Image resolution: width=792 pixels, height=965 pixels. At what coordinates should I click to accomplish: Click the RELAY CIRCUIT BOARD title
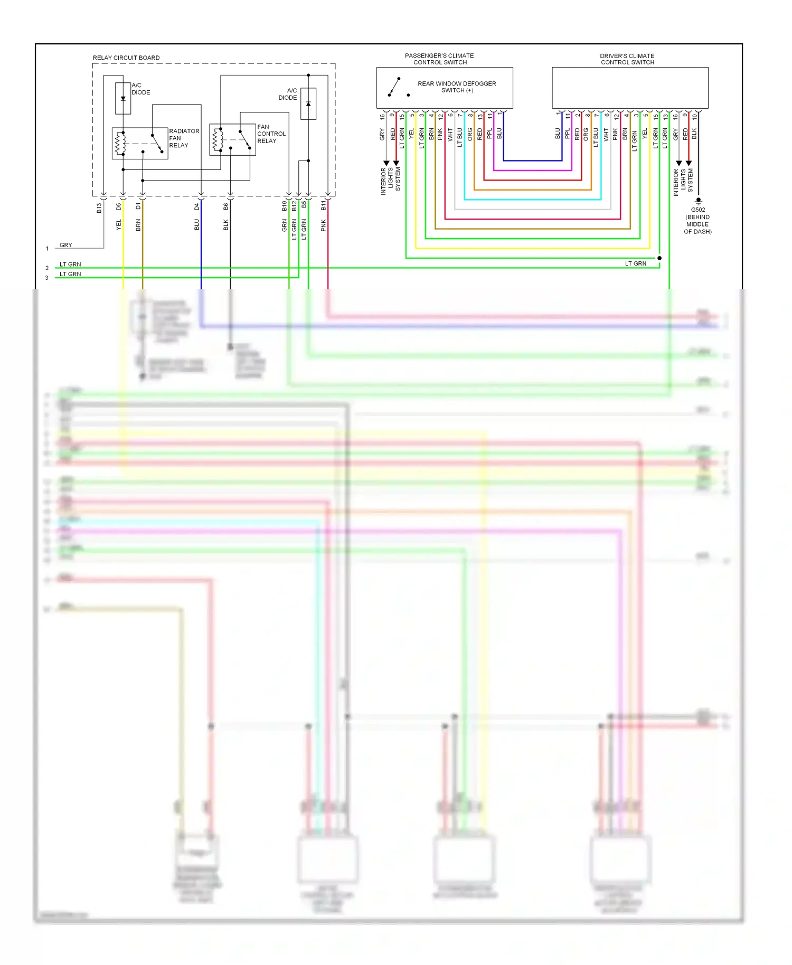click(x=126, y=58)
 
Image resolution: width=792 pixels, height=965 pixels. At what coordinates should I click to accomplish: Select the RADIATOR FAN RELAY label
click(x=184, y=138)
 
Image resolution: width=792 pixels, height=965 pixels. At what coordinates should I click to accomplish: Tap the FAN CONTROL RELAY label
click(x=271, y=134)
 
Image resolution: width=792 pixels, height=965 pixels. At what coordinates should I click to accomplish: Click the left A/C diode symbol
click(x=123, y=98)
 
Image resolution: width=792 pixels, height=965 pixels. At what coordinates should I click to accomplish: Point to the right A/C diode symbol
click(x=308, y=103)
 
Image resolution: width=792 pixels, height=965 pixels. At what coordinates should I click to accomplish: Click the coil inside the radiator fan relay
click(x=120, y=143)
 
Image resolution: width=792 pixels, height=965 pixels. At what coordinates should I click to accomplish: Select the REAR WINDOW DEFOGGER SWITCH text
click(x=457, y=87)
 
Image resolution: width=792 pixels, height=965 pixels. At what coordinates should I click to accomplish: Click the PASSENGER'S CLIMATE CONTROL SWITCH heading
click(x=439, y=59)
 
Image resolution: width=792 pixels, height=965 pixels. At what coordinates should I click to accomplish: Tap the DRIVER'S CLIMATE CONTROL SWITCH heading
click(x=627, y=59)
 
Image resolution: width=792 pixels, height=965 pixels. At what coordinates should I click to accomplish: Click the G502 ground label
click(x=697, y=210)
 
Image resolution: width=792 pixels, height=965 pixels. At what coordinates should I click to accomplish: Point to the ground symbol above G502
click(x=698, y=201)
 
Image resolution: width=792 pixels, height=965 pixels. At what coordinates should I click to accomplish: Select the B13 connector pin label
click(x=99, y=208)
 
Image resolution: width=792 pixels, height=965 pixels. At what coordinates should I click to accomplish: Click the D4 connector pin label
click(x=197, y=206)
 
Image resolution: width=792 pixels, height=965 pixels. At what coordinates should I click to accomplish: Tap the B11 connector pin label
click(x=324, y=205)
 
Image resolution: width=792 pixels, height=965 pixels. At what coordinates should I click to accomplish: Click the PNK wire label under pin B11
click(x=324, y=225)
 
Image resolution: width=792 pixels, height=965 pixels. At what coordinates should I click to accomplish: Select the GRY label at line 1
click(x=65, y=245)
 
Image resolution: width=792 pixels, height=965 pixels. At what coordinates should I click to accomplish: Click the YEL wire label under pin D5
click(x=119, y=224)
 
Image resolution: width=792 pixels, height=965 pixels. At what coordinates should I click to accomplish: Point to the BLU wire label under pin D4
click(x=197, y=225)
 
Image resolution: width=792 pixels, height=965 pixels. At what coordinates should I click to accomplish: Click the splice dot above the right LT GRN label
click(x=659, y=258)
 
